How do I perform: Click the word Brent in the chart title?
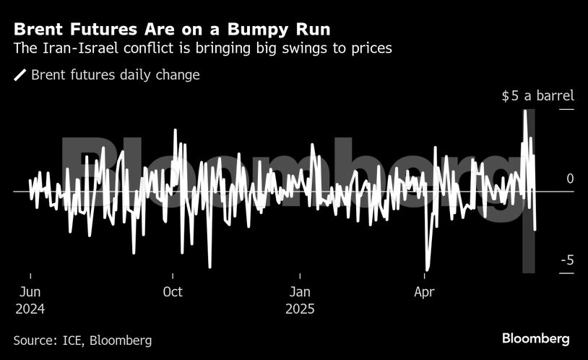pyautogui.click(x=41, y=30)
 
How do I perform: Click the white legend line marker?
pyautogui.click(x=20, y=75)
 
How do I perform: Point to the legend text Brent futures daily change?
pyautogui.click(x=116, y=75)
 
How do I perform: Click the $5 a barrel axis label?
pyautogui.click(x=537, y=96)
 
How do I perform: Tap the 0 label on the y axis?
pyautogui.click(x=570, y=179)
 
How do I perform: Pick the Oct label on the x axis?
pyautogui.click(x=173, y=292)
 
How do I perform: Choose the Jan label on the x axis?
pyautogui.click(x=300, y=292)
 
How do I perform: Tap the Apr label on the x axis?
pyautogui.click(x=424, y=292)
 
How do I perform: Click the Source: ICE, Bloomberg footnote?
pyautogui.click(x=82, y=340)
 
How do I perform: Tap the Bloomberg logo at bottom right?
pyautogui.click(x=536, y=338)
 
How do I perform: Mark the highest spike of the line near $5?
pyautogui.click(x=525, y=111)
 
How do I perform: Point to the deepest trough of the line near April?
pyautogui.click(x=427, y=270)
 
